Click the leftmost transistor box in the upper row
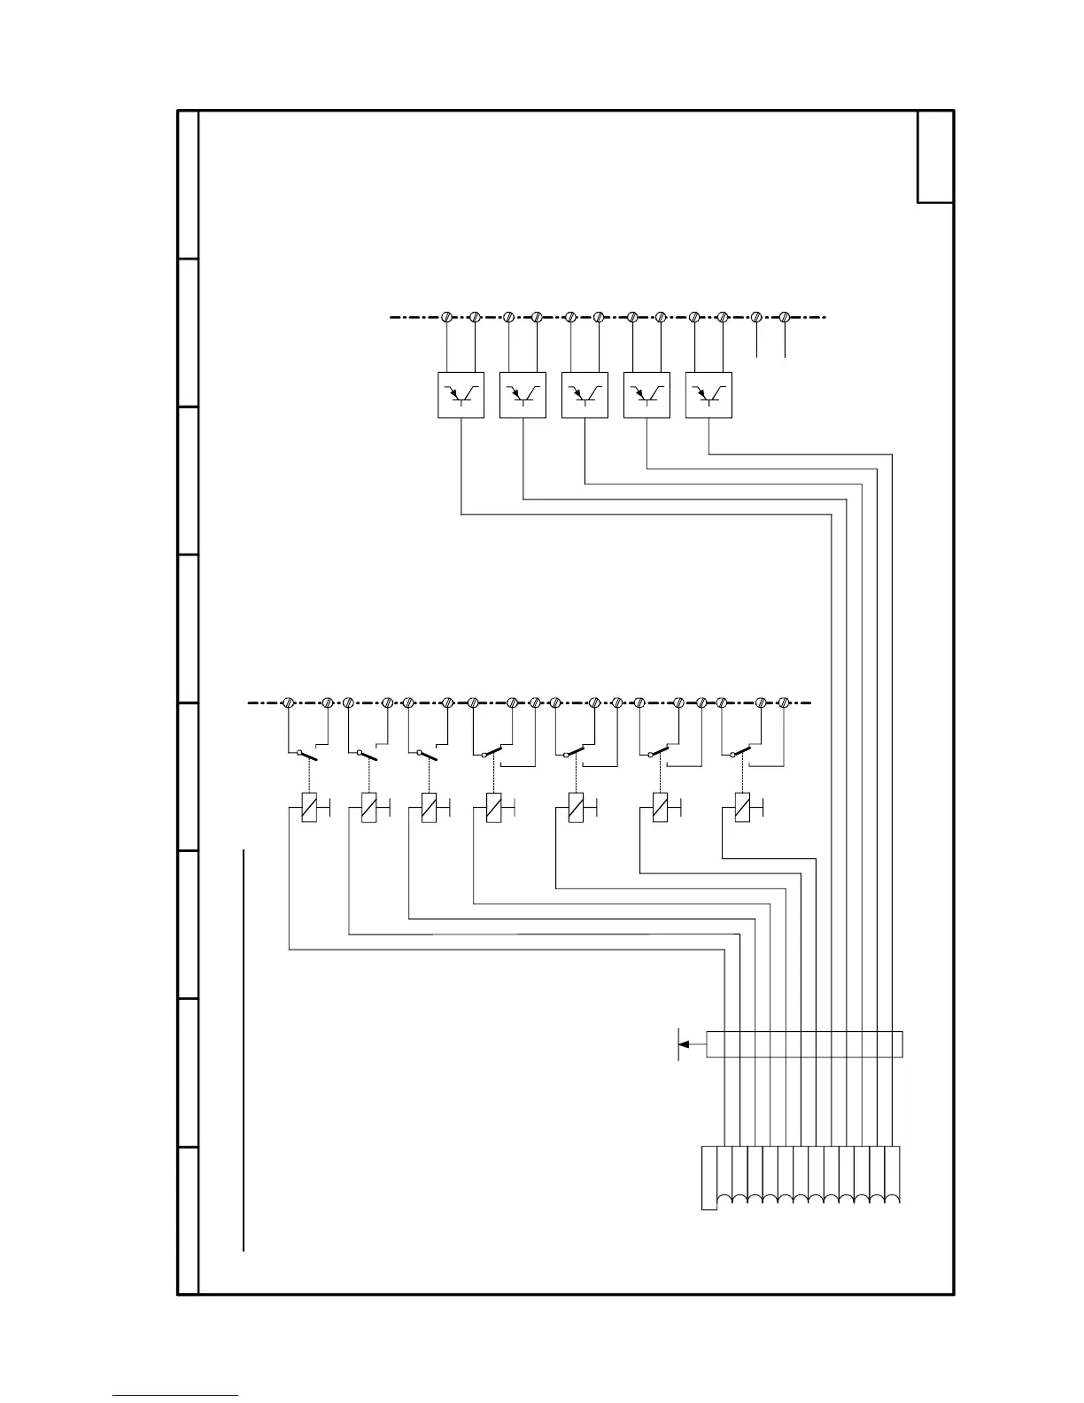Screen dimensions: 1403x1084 pyautogui.click(x=461, y=395)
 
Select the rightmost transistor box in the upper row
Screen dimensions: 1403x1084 pyautogui.click(x=708, y=395)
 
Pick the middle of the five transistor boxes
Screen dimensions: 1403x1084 pyautogui.click(x=585, y=395)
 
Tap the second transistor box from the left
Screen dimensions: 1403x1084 pyautogui.click(x=523, y=395)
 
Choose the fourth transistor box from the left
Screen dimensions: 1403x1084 pyautogui.click(x=647, y=395)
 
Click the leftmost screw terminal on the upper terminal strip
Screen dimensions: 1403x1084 pyautogui.click(x=447, y=316)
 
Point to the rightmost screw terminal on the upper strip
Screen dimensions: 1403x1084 pyautogui.click(x=785, y=316)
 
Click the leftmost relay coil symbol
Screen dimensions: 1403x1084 pyautogui.click(x=309, y=808)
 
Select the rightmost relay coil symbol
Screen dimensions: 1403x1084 pyautogui.click(x=743, y=808)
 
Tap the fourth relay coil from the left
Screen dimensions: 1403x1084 pyautogui.click(x=493, y=808)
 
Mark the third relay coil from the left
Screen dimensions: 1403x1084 pyautogui.click(x=429, y=808)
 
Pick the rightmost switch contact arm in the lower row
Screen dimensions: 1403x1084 pyautogui.click(x=741, y=752)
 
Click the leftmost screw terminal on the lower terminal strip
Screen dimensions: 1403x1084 pyautogui.click(x=288, y=702)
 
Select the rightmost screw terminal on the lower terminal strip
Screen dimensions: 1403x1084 pyautogui.click(x=784, y=702)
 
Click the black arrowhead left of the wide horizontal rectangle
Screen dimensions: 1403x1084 pyautogui.click(x=685, y=1044)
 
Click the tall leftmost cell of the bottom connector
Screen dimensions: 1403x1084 pyautogui.click(x=709, y=1177)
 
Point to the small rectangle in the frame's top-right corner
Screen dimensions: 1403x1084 pyautogui.click(x=935, y=157)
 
